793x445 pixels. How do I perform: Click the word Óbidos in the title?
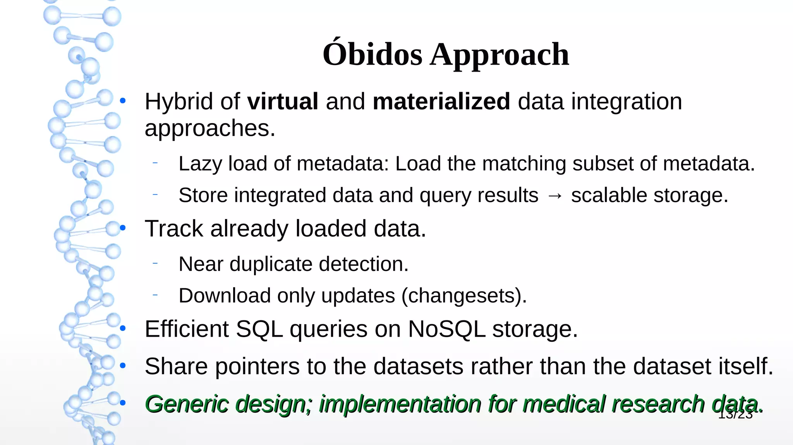point(372,55)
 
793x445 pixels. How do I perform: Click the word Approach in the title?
point(499,55)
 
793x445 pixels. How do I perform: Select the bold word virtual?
point(283,101)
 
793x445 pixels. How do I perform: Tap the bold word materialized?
point(441,101)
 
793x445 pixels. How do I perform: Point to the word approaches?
point(209,129)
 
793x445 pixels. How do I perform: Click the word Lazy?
point(200,164)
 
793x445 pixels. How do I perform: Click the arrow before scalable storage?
point(554,196)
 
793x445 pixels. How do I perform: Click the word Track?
point(173,228)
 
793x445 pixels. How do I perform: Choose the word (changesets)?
point(464,296)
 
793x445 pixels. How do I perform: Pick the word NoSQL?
point(446,329)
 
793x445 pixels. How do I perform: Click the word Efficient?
point(187,329)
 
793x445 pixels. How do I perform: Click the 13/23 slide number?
point(735,415)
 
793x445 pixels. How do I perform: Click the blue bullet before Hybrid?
point(123,101)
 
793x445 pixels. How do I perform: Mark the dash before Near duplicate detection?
point(155,264)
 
